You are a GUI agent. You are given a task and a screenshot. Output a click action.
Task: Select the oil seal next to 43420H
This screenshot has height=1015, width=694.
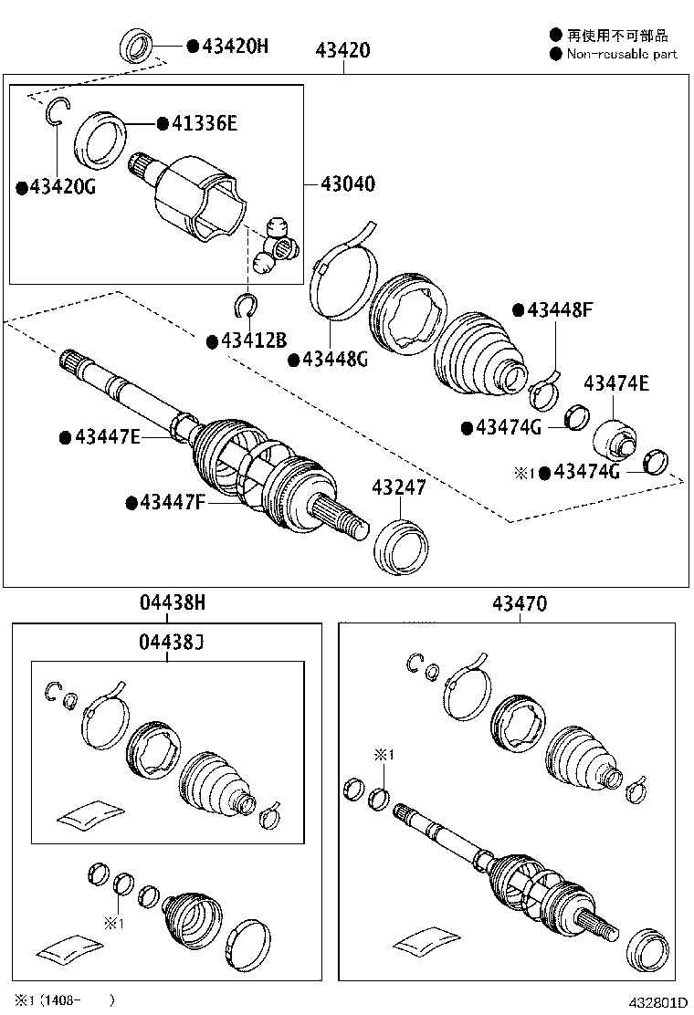[137, 45]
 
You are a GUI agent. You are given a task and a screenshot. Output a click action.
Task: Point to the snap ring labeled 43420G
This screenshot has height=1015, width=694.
[57, 110]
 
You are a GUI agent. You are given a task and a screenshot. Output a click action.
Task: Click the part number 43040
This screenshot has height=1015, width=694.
[347, 183]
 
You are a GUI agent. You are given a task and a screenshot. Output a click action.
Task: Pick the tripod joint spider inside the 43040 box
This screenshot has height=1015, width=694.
[273, 245]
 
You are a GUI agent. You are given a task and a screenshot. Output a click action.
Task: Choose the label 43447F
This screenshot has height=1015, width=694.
[173, 502]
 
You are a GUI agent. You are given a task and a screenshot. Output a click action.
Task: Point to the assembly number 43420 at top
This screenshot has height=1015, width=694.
[343, 49]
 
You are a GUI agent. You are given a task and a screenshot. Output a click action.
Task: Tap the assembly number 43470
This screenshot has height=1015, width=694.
[519, 603]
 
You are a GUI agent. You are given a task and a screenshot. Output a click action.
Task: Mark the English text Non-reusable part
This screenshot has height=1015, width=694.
[621, 54]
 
